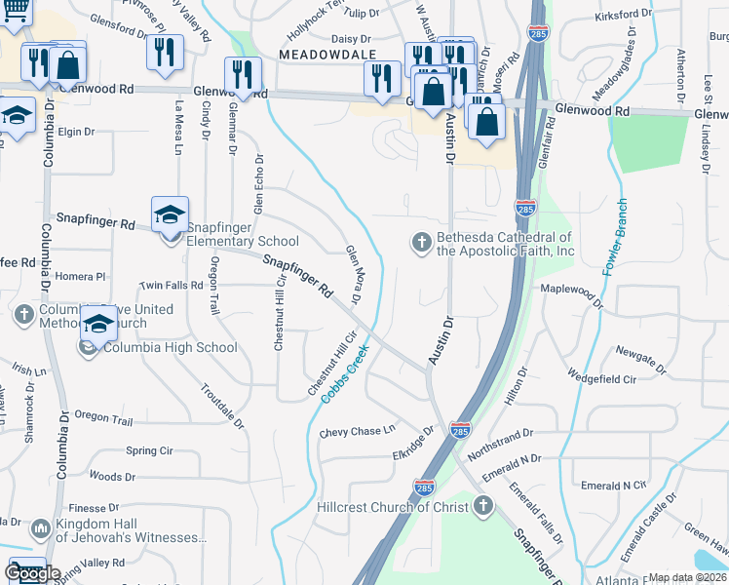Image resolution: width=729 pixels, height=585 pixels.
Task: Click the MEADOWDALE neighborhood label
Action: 322,56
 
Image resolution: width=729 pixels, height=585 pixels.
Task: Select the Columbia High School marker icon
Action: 98,325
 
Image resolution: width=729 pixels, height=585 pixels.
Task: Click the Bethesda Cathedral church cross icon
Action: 421,242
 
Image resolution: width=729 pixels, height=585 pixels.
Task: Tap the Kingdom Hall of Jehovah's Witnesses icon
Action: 40,528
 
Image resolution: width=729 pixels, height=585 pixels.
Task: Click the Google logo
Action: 32,573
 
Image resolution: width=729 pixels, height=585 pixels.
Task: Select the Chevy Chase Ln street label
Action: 358,431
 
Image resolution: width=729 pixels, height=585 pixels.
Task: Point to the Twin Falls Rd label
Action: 173,286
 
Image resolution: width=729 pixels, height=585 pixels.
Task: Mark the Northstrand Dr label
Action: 501,439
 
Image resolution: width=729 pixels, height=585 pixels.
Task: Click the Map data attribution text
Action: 687,577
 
